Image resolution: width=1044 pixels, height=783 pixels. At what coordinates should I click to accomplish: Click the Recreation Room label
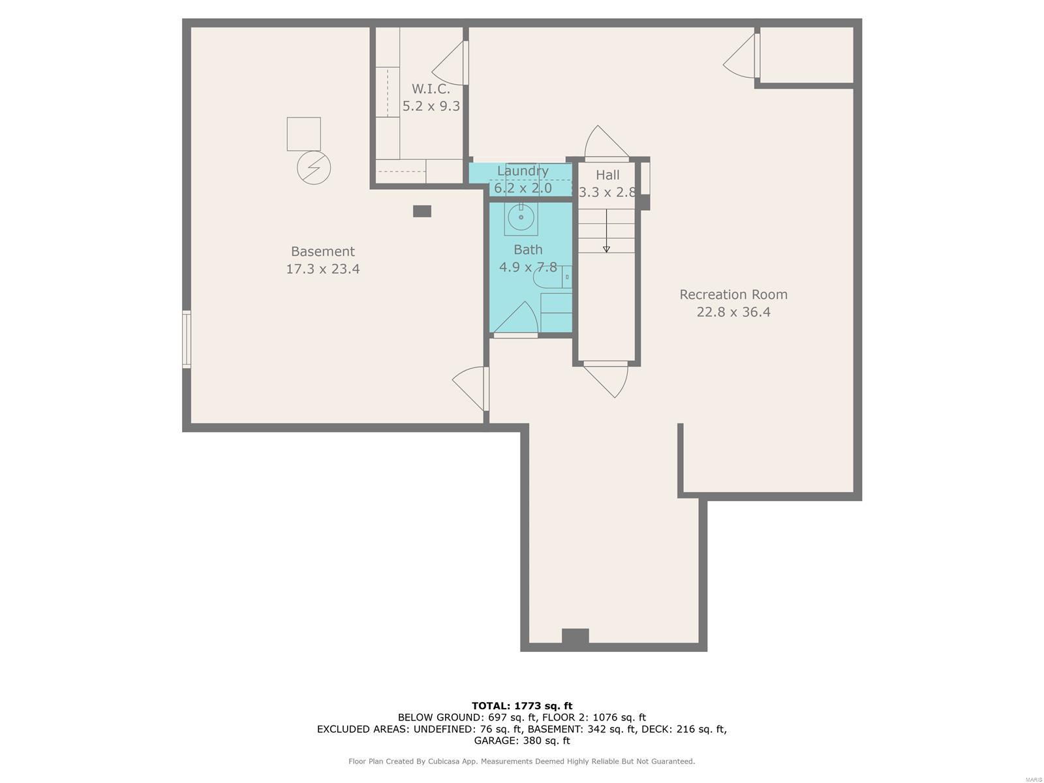point(733,294)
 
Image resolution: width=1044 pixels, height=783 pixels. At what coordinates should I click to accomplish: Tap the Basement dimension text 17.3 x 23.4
point(322,269)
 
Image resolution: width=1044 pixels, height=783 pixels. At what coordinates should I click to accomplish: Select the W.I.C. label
point(431,89)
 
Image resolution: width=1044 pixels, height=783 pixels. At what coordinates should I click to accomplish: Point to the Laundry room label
point(523,171)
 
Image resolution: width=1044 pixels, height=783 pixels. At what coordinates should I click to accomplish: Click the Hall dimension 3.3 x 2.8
point(607,192)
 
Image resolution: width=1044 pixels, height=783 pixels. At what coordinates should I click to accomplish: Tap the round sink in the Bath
point(521,217)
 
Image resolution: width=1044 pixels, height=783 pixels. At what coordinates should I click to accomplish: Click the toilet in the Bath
point(552,277)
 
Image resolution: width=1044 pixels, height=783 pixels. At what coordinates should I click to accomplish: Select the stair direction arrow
point(606,231)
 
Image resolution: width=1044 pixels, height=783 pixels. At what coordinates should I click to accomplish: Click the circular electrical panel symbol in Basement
point(314,168)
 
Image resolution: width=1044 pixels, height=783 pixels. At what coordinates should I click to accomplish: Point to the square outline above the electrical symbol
point(303,134)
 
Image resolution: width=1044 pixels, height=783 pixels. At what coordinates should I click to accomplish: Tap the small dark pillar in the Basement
point(422,211)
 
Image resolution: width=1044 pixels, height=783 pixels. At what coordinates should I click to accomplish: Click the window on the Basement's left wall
point(187,339)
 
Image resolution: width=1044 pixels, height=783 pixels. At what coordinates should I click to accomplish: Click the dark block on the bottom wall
point(575,636)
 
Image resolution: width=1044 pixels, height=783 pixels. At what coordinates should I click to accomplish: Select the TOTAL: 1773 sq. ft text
point(522,706)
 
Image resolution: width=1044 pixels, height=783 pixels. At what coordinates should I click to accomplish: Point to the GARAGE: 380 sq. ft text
point(522,741)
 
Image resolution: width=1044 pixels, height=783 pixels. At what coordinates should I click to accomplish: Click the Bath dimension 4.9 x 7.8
point(528,267)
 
